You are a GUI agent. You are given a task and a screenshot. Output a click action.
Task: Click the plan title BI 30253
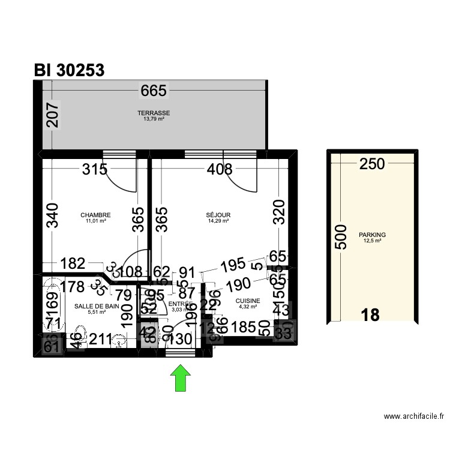point(70,70)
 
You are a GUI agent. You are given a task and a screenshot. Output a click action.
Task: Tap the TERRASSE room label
point(154,113)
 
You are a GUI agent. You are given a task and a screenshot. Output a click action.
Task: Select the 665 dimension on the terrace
point(154,91)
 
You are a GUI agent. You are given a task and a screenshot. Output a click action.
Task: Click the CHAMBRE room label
point(95,215)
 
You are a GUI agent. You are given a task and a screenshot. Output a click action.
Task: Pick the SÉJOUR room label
point(218,215)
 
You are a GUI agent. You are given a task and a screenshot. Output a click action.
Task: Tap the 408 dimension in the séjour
point(219,169)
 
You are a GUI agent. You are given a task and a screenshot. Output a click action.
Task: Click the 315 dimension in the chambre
point(94,169)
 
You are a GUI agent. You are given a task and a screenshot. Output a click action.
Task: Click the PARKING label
point(372,235)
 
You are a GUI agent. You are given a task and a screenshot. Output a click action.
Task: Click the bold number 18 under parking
point(371,315)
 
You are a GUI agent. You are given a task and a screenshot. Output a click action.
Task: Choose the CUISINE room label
point(248,301)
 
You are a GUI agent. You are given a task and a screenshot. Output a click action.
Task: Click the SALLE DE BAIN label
point(97,306)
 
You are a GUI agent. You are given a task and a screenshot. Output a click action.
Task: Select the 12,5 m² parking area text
point(372,241)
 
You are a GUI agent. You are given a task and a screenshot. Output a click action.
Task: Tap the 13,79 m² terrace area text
point(154,119)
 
